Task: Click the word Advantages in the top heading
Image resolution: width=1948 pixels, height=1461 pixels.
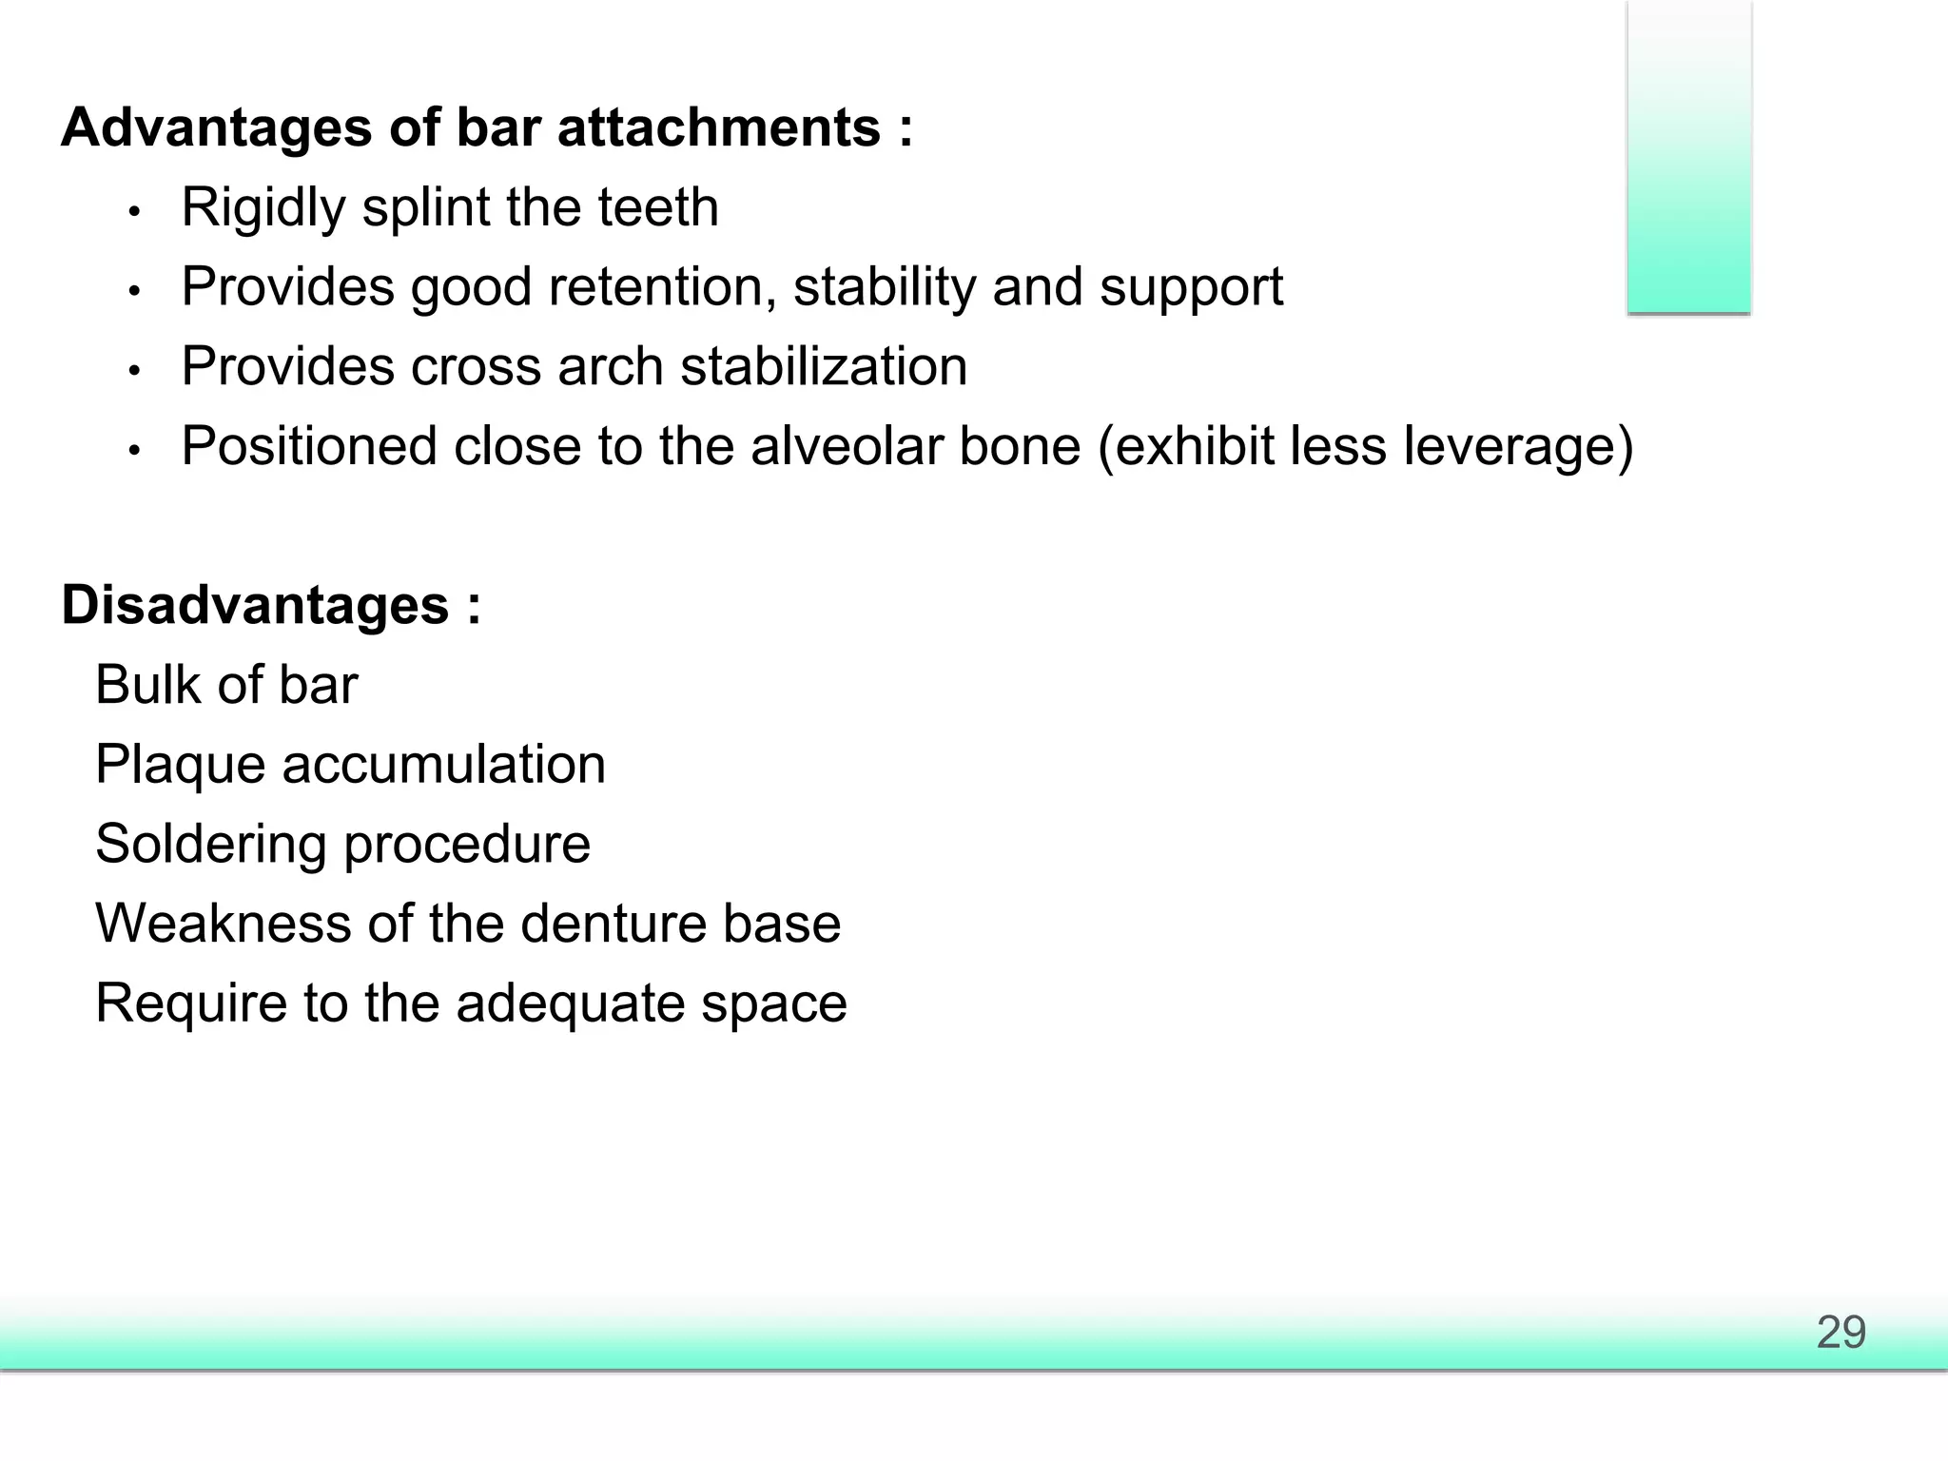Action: click(216, 127)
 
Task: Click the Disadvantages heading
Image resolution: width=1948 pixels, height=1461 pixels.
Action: click(254, 605)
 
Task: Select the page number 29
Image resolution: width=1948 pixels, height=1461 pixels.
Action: click(1841, 1332)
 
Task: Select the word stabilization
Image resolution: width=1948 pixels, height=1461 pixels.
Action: click(824, 366)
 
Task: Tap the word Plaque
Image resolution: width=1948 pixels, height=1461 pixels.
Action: click(180, 765)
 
